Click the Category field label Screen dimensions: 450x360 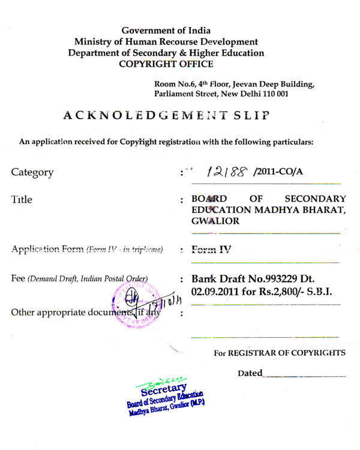pyautogui.click(x=35, y=173)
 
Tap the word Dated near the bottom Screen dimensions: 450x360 pyautogui.click(x=250, y=373)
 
